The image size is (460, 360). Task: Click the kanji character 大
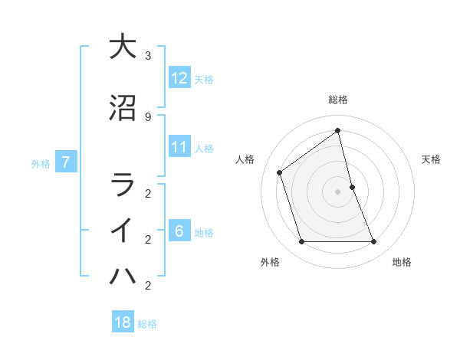[122, 47]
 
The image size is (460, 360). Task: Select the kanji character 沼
[122, 108]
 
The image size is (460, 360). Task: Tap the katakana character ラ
[122, 185]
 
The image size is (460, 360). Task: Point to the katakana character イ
[122, 231]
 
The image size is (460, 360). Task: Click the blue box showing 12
[179, 77]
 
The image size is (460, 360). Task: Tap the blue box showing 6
[179, 231]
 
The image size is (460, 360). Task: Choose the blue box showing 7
[67, 162]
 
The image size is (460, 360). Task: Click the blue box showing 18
[123, 322]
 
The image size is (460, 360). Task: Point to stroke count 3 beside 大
[148, 56]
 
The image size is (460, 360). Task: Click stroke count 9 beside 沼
[148, 116]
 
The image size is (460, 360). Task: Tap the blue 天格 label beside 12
[204, 79]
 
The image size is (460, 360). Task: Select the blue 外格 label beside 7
[41, 163]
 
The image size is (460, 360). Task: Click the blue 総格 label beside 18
[147, 324]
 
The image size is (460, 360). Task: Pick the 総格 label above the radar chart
[338, 100]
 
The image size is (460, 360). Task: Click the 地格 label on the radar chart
[402, 262]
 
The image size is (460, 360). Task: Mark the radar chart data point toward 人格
[280, 172]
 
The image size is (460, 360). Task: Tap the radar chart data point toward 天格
[352, 187]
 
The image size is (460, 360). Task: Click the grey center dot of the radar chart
[338, 191]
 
